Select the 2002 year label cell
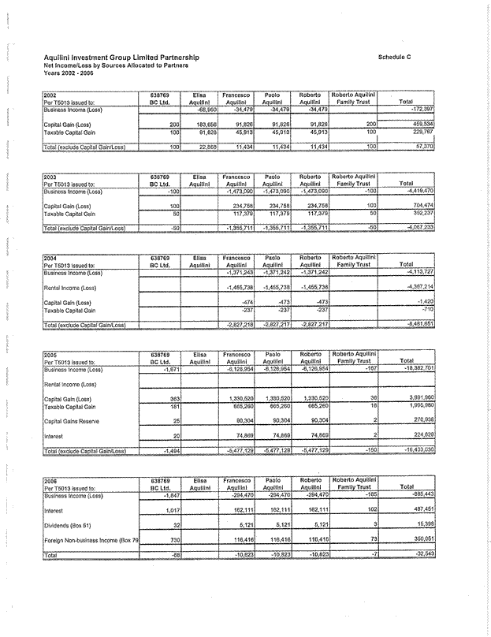click(49, 95)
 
